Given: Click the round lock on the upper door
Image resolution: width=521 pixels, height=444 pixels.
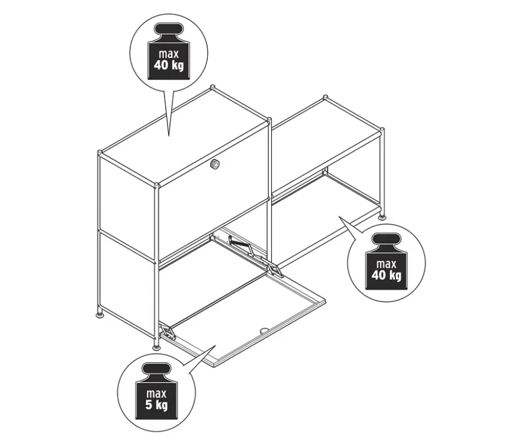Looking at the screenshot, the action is coord(215,164).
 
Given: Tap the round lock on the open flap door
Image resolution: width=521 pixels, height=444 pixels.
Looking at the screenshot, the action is coord(264,330).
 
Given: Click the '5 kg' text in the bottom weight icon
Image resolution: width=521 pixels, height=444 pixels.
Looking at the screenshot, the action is coord(156,405).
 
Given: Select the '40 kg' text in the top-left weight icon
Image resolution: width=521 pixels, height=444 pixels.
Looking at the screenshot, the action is coord(169,65).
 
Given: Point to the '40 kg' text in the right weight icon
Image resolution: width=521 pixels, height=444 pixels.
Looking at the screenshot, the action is coord(387,275).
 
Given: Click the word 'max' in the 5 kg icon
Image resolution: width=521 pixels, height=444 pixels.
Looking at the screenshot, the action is coord(156,394).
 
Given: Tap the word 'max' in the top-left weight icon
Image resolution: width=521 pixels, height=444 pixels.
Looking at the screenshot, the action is coord(169,54).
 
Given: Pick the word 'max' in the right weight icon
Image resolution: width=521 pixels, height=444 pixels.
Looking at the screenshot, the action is coord(387,264).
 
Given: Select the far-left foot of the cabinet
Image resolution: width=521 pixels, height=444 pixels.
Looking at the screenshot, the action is coord(99,313).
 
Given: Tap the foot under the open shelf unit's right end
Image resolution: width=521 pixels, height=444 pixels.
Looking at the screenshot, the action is coord(383,217).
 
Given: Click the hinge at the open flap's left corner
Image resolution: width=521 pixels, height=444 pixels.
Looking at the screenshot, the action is coord(168,332).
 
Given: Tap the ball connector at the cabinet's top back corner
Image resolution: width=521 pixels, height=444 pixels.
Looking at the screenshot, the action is coord(213,87).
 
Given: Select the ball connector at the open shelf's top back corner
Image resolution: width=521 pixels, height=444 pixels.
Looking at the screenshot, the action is coord(326,98).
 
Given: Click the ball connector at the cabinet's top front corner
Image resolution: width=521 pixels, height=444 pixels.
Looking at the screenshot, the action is coord(156,184).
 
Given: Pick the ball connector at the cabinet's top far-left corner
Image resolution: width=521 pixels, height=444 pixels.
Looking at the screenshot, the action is coord(100,153).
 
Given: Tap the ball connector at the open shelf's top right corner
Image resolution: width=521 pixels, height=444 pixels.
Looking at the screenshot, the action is coord(382,129).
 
